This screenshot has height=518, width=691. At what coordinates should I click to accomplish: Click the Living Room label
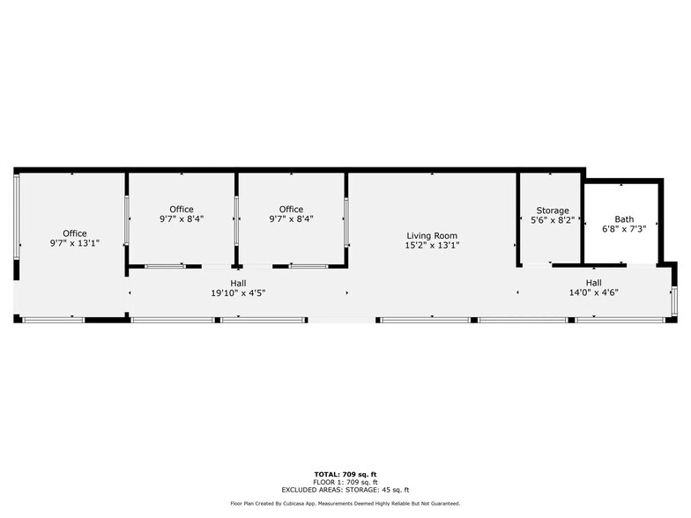coord(432,236)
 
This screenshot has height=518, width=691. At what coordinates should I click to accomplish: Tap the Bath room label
coord(624,218)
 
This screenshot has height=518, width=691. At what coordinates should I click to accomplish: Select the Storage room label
coord(553,211)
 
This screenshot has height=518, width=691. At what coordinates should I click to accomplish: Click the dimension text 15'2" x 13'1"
coord(432,245)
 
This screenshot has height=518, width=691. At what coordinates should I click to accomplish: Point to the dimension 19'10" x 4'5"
coord(238,292)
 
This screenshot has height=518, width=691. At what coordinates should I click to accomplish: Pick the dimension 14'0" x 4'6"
coord(594,292)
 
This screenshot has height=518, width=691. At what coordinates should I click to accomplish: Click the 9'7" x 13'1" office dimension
coord(75,243)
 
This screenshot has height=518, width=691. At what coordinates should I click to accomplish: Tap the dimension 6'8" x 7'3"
coord(624,229)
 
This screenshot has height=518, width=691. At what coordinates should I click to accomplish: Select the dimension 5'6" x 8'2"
coord(553,220)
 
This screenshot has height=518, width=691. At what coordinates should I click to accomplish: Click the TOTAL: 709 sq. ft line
coord(345,474)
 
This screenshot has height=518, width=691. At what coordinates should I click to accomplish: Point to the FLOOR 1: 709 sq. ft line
coord(345,483)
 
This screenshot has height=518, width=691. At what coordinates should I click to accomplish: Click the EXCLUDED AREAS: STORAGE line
coord(345,490)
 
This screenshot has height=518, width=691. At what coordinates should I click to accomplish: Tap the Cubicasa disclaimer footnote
coord(345,504)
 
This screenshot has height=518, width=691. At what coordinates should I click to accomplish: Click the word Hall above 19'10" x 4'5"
coord(238,283)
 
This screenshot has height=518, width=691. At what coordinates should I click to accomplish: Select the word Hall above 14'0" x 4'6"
coord(594,283)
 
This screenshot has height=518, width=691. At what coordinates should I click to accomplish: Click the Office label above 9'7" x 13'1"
coord(75,233)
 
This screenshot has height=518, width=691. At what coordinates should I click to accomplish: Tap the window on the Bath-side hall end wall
coord(673,300)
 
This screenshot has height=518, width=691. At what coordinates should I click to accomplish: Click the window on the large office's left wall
coord(17,217)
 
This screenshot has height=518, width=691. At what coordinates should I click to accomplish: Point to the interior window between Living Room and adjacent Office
coord(346,222)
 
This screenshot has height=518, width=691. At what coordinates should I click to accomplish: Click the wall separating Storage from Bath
coord(583,221)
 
